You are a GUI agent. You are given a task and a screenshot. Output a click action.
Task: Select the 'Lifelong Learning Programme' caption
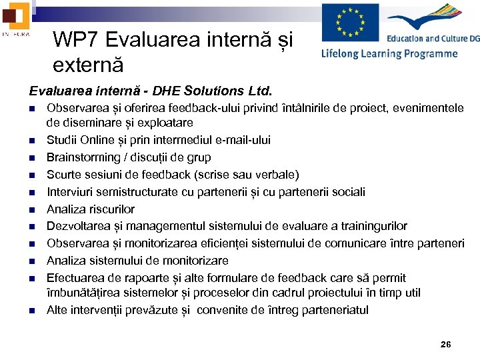tap(389, 54)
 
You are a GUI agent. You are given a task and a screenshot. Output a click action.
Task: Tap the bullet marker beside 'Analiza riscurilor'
tap(31, 209)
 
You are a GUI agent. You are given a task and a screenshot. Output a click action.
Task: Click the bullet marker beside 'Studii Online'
tap(31, 141)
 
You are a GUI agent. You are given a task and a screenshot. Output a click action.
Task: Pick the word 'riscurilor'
tap(111, 209)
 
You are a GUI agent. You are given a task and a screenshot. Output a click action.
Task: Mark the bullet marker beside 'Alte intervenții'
tap(31, 311)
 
